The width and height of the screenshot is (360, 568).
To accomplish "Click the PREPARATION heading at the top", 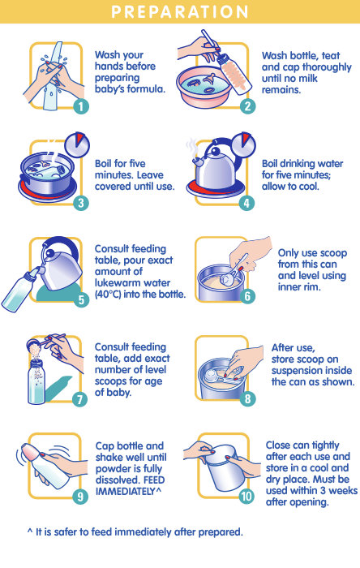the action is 180,11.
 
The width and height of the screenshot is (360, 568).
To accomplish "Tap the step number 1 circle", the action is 81,106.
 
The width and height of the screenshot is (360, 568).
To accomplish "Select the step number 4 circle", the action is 246,203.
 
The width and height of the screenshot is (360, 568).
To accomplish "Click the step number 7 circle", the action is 80,399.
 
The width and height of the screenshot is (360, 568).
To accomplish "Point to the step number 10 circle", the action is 246,496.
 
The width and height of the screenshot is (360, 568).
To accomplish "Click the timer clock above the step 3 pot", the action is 77,144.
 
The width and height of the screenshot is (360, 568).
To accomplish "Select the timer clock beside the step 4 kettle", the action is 243,144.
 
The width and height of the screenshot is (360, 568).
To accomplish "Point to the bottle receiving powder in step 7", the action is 36,381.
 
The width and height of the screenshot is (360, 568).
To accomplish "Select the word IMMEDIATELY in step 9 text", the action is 125,491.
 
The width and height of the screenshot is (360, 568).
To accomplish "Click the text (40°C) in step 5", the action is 108,294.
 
